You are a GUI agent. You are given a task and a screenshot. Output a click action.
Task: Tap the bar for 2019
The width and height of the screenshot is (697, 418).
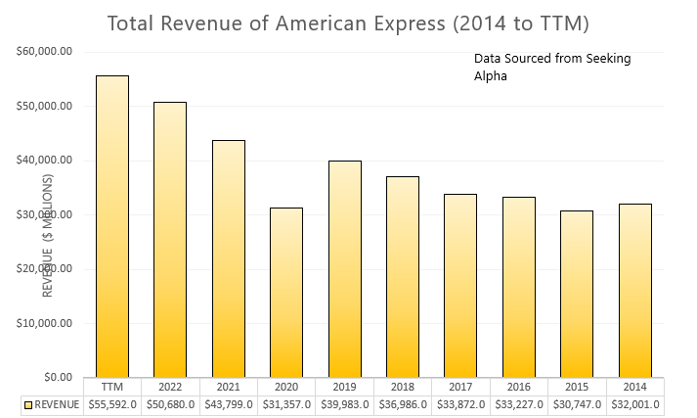pyautogui.click(x=344, y=268)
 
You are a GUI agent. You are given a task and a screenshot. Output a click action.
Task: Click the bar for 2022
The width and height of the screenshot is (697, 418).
pyautogui.click(x=169, y=239)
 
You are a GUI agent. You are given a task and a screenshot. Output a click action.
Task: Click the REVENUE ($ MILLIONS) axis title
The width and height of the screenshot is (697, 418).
pyautogui.click(x=46, y=235)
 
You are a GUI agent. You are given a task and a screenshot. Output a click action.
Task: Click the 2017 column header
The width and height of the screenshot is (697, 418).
pyautogui.click(x=459, y=387)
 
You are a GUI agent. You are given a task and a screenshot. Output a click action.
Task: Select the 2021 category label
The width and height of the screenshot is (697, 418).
pyautogui.click(x=228, y=387)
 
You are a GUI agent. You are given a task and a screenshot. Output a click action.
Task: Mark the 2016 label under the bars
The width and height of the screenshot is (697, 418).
pyautogui.click(x=518, y=387)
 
